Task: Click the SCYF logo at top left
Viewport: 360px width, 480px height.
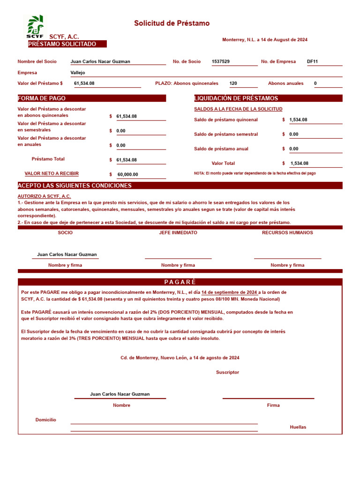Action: coord(35,27)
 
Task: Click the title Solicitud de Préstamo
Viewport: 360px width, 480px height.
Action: coord(172,23)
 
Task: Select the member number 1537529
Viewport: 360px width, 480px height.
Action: coord(221,61)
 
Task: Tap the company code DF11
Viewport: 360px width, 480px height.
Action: coord(312,61)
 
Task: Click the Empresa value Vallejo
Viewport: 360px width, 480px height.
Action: coord(78,73)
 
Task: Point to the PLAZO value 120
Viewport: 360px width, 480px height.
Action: coord(233,83)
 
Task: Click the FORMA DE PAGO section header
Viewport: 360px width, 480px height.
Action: coord(42,98)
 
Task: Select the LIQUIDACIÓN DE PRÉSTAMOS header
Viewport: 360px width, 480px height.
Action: coord(236,98)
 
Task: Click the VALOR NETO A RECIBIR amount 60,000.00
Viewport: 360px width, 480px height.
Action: coord(127,174)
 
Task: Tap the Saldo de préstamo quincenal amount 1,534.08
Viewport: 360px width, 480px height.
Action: coord(298,120)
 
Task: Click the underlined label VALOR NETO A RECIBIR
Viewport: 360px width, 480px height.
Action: coord(52,173)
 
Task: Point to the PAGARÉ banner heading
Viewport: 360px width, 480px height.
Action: coord(180,282)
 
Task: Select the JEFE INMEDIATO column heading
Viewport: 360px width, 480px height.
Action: coord(178,232)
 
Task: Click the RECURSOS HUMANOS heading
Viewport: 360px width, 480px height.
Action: coord(287,232)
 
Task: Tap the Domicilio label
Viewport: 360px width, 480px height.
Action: coord(45,420)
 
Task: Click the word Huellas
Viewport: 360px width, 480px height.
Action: coord(298,427)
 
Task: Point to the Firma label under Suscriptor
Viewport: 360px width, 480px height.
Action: coord(273,405)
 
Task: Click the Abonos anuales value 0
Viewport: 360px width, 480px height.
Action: coord(315,83)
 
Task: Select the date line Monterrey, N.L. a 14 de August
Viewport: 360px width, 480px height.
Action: coord(265,40)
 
